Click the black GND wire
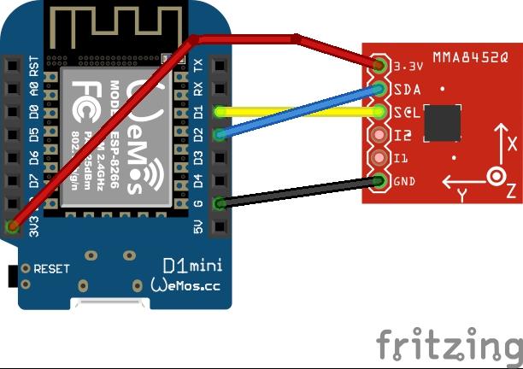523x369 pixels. point(299,191)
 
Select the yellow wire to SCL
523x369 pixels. point(299,111)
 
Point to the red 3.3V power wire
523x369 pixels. point(248,38)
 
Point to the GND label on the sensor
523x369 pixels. point(404,181)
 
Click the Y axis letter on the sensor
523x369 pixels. point(461,195)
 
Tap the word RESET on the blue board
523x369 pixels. point(51,268)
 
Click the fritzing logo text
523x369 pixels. point(449,344)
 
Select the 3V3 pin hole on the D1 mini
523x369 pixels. point(12,226)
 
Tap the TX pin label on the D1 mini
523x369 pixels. point(198,66)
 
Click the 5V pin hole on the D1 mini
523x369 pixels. point(220,226)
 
